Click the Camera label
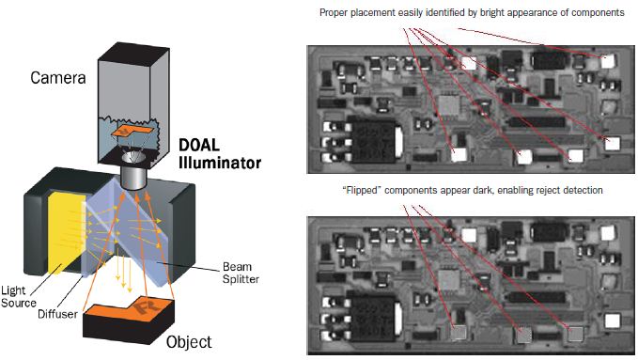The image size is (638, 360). click(x=58, y=77)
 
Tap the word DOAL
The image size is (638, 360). click(x=199, y=145)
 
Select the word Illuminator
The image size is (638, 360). click(x=220, y=163)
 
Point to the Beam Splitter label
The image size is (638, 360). click(x=241, y=273)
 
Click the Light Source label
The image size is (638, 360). click(x=19, y=296)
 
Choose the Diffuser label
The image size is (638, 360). click(x=57, y=314)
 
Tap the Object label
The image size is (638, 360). click(x=189, y=342)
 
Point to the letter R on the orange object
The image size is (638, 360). click(x=143, y=306)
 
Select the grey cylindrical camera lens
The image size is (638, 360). click(x=133, y=178)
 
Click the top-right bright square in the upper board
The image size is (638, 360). click(x=608, y=61)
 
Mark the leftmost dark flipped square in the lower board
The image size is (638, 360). click(x=459, y=333)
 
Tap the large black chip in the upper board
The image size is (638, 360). click(x=374, y=141)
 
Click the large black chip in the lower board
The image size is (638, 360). click(x=374, y=319)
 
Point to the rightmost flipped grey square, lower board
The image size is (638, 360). click(x=575, y=334)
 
